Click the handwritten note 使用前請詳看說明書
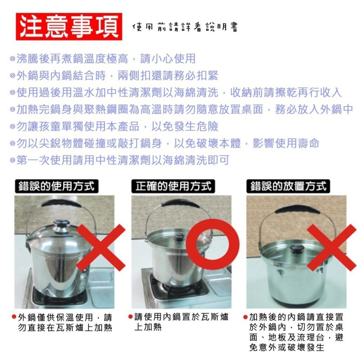185,27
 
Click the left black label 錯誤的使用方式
57,186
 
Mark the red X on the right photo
327,247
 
